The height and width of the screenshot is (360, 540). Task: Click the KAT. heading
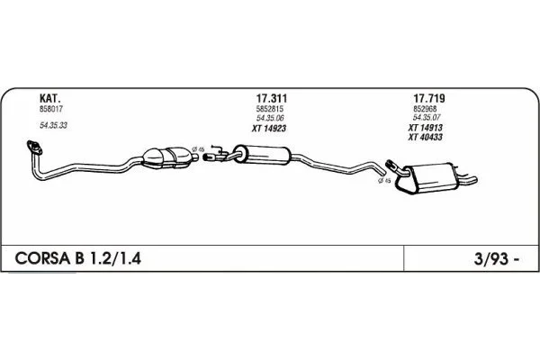tap(50, 98)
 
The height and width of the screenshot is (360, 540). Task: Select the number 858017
tap(51, 109)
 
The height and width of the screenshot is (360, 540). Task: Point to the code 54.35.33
tap(53, 125)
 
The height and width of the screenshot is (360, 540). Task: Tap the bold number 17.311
tap(272, 98)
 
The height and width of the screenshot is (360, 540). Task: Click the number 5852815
tap(270, 109)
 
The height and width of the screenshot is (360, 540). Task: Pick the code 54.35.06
tap(270, 118)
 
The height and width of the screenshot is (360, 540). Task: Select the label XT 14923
tap(268, 129)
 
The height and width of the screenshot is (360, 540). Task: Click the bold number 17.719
tap(429, 98)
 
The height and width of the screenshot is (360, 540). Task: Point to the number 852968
tap(425, 109)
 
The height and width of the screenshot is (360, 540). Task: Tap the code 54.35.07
tap(427, 118)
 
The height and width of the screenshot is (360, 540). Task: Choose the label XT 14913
tap(426, 128)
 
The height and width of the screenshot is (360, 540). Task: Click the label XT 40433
tap(426, 137)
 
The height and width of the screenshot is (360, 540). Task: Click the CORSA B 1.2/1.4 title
tap(77, 258)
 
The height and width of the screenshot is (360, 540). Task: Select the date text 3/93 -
tap(496, 259)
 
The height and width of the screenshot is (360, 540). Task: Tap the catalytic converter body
tap(167, 157)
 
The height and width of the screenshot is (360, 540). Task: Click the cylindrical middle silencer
tap(263, 155)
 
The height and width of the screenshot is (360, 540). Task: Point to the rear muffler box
tap(429, 178)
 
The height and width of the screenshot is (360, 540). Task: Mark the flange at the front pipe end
tap(34, 147)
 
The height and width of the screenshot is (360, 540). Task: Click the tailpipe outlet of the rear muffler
tap(470, 179)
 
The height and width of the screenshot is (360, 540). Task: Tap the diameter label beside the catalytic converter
tap(198, 149)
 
